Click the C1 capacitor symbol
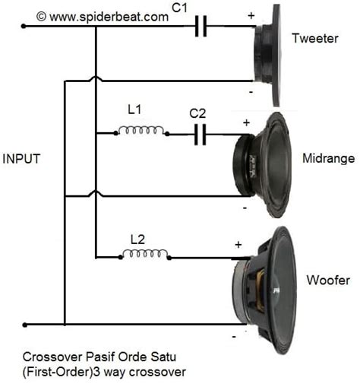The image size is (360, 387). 201,27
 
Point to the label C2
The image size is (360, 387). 198,114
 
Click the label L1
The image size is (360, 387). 134,109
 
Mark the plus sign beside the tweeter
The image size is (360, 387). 251,14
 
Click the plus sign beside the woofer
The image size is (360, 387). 238,245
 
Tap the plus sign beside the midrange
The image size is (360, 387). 245,122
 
